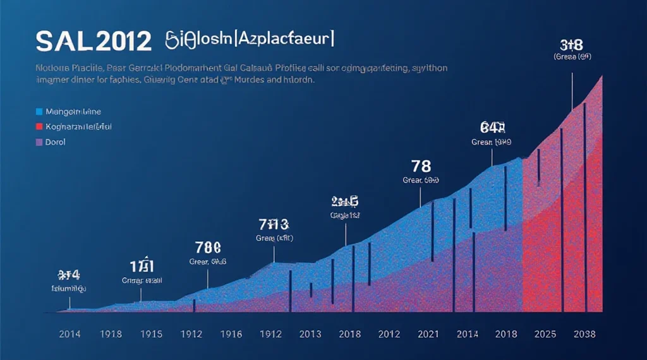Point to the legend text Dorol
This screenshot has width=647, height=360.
[56, 142]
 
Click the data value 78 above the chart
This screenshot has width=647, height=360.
[421, 167]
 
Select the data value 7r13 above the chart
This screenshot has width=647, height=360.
[274, 224]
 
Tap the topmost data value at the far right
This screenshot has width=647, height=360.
[571, 44]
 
